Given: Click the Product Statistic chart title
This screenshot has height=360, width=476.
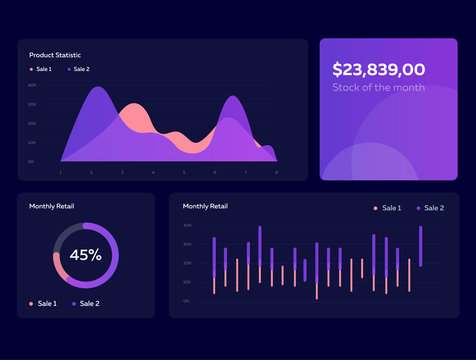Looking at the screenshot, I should click(x=55, y=54).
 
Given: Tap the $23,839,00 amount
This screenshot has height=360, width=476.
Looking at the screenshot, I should click(x=378, y=69).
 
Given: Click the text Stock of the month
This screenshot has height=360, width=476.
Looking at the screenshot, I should click(x=378, y=88).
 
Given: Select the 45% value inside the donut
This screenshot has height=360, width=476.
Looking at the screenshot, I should click(x=85, y=255).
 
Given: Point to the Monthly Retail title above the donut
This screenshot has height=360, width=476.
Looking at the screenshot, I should click(x=51, y=206).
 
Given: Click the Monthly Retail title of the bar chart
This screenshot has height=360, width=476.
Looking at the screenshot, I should click(x=205, y=206).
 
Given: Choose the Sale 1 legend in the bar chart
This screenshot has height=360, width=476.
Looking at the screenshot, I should click(x=388, y=208).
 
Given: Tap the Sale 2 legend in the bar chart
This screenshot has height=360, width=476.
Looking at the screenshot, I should click(x=430, y=208).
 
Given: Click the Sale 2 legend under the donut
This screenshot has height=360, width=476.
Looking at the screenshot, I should click(x=86, y=303).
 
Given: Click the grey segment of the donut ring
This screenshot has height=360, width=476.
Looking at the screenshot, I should click(x=62, y=234).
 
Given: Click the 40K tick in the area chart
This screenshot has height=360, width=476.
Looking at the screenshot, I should click(x=32, y=85).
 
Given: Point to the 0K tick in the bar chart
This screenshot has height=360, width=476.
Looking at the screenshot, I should click(x=187, y=301).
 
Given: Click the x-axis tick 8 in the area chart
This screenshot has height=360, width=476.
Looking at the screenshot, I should click(x=277, y=172).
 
